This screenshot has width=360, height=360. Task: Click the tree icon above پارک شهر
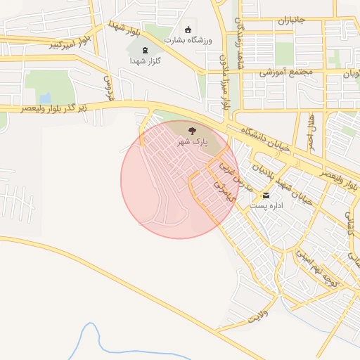click(x=192, y=129)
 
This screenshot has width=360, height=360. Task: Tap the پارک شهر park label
click(x=192, y=141)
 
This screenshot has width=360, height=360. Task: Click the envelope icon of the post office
click(x=266, y=195)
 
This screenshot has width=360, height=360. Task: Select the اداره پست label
click(x=266, y=206)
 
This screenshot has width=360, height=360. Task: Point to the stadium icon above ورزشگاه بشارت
click(x=188, y=30)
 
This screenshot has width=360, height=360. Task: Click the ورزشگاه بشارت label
click(x=188, y=40)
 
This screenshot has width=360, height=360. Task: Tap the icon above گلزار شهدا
click(x=145, y=51)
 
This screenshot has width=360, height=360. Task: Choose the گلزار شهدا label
click(x=145, y=61)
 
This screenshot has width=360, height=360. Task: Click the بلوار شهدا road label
click(x=124, y=30)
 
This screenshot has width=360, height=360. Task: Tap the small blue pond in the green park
click(x=45, y=98)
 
